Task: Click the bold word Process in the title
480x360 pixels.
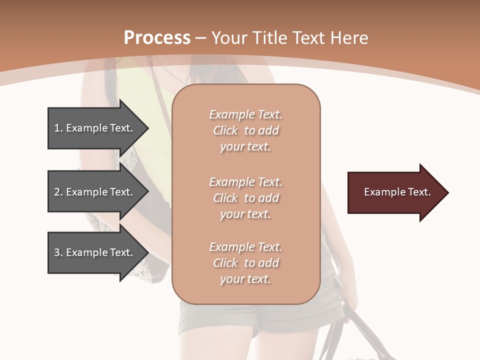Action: [157, 38]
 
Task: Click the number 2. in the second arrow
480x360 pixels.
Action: [58, 192]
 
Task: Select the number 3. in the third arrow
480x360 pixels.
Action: [58, 252]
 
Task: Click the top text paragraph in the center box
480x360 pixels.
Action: [245, 130]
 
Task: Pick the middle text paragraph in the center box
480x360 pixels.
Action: [245, 197]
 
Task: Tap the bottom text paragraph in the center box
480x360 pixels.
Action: [245, 263]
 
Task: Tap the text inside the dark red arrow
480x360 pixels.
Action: [397, 192]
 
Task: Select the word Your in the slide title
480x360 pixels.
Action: [229, 38]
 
